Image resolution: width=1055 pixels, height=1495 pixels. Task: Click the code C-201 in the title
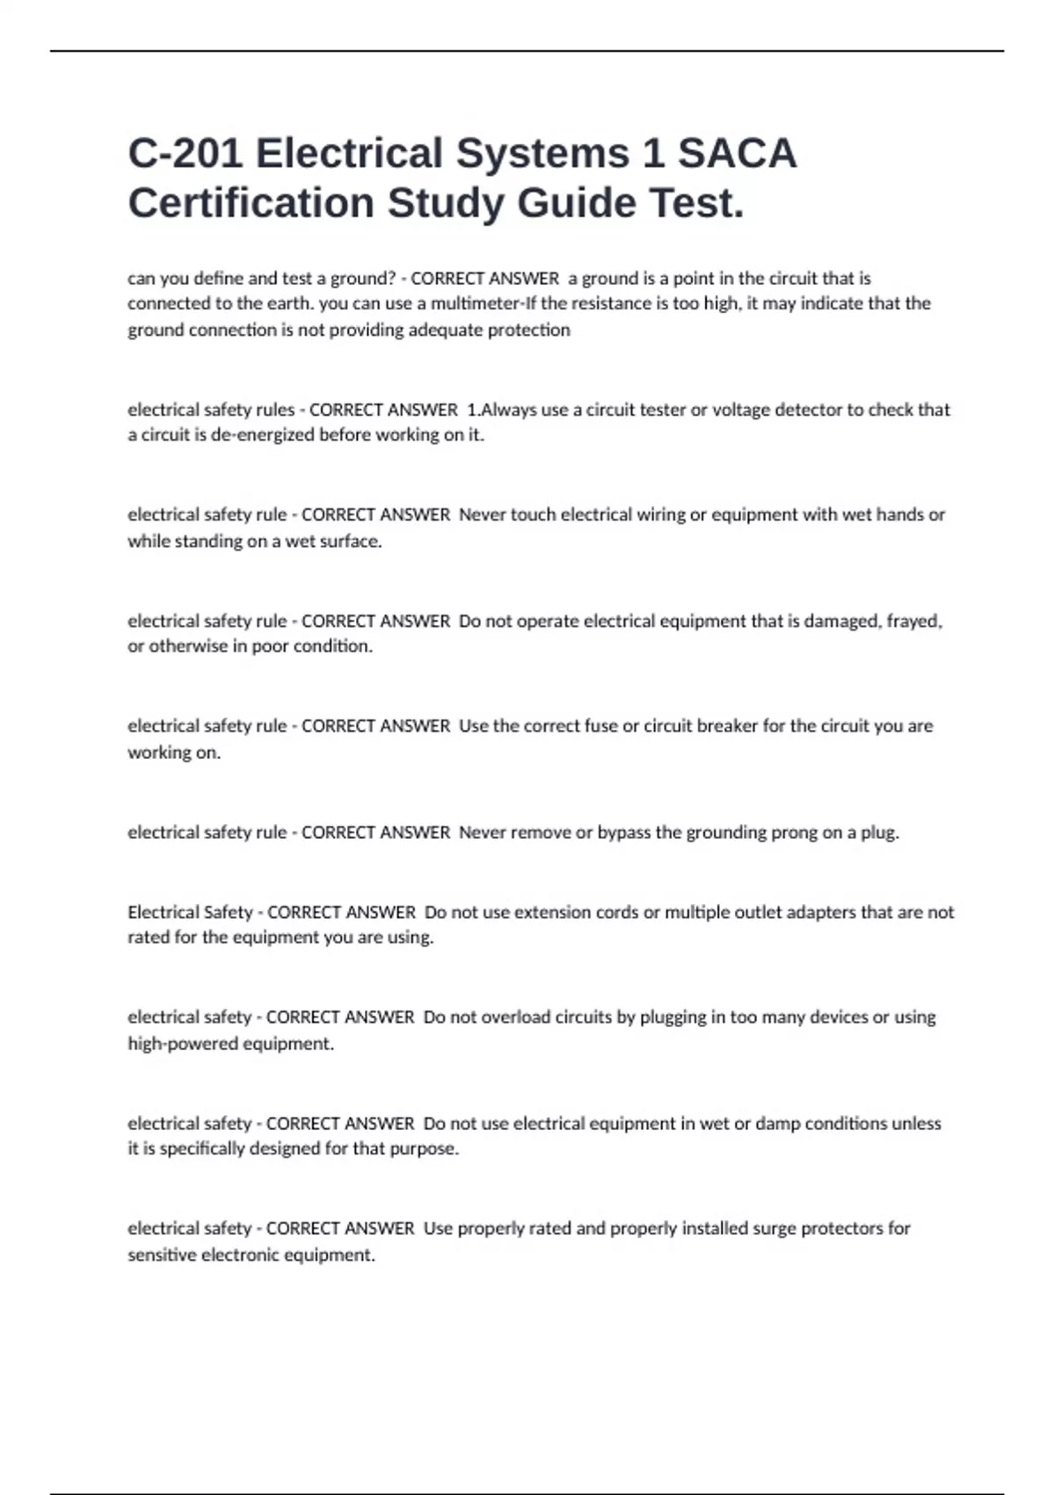tap(185, 153)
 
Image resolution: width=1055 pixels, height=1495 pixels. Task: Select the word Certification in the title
tap(251, 203)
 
